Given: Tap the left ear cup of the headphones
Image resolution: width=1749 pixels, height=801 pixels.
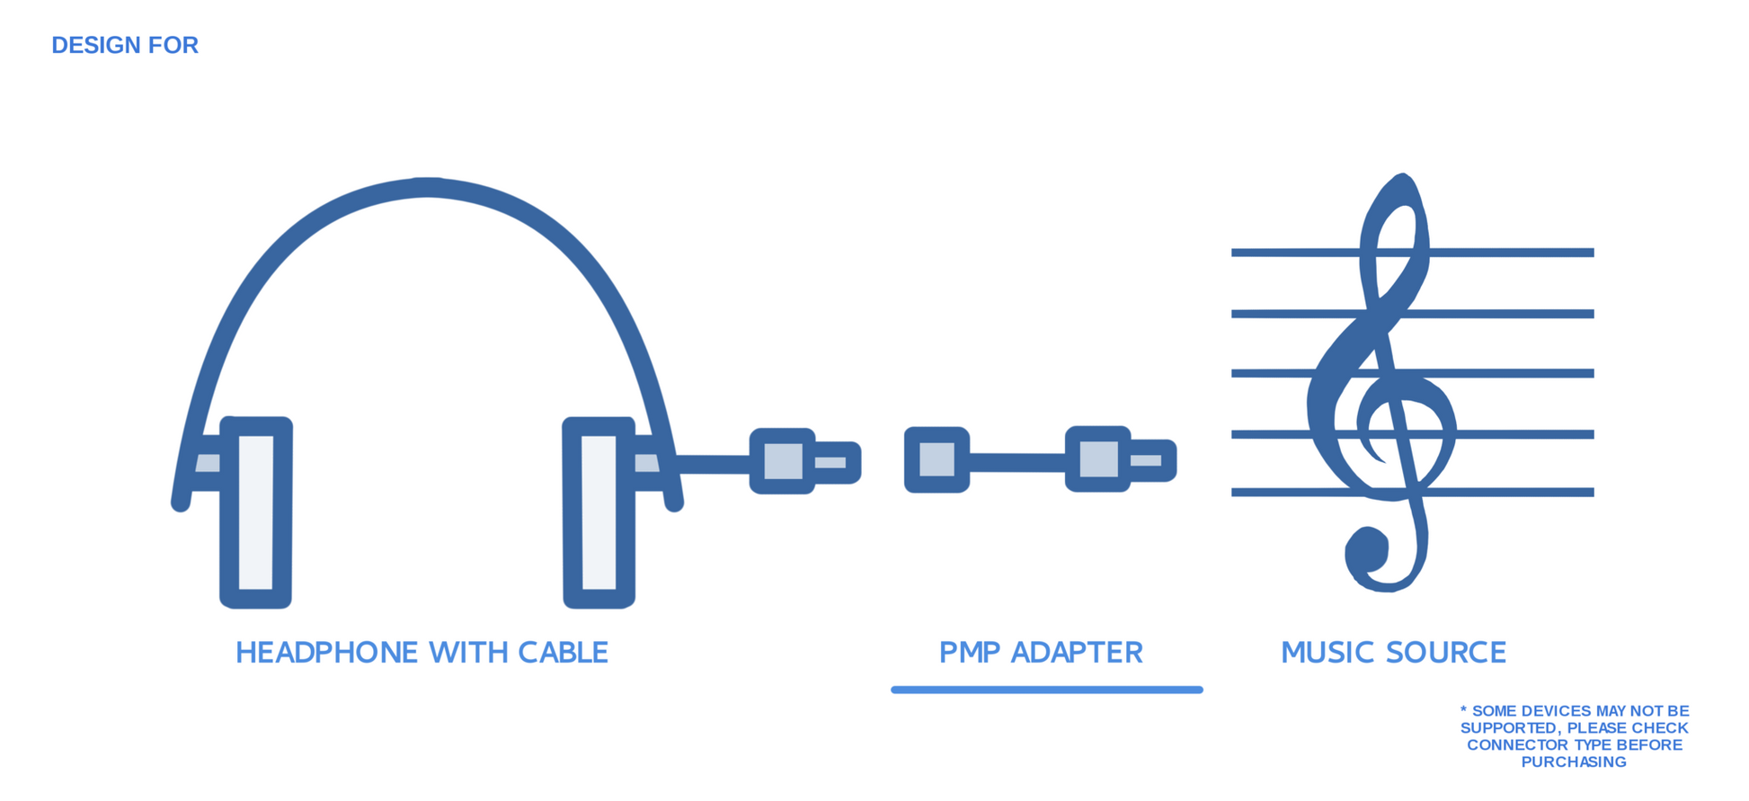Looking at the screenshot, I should click(x=256, y=512).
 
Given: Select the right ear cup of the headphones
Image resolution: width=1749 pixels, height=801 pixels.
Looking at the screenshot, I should click(x=599, y=512).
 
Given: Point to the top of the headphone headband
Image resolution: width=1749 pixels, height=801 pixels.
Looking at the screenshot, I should click(x=428, y=187).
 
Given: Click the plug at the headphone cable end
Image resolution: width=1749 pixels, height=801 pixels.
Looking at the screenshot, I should click(x=804, y=461).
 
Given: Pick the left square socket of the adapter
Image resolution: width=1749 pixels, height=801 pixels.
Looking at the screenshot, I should click(x=937, y=459).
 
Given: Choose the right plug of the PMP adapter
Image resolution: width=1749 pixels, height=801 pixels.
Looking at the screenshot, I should click(x=1120, y=459).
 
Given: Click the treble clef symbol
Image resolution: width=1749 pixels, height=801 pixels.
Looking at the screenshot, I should click(x=1384, y=387).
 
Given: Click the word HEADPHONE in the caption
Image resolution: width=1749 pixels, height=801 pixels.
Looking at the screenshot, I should click(x=327, y=653).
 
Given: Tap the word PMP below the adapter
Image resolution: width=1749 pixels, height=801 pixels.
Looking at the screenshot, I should click(x=970, y=653).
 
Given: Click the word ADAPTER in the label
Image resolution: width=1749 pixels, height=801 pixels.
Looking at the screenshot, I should click(x=1077, y=653).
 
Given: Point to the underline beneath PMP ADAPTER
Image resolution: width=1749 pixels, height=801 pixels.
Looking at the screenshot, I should click(x=1046, y=690).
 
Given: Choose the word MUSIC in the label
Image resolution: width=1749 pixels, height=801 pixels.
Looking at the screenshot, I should click(x=1324, y=653).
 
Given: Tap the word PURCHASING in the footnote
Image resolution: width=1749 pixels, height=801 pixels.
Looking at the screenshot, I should click(x=1574, y=762).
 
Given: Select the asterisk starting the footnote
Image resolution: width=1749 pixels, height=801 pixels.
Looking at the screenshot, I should click(x=1463, y=711).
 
